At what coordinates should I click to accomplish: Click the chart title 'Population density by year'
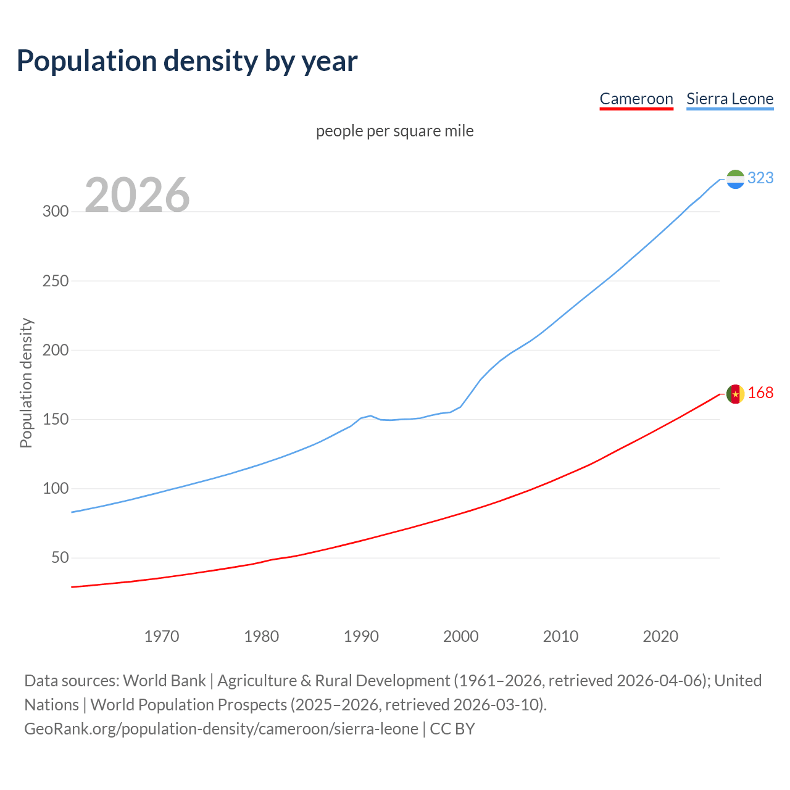click(x=187, y=60)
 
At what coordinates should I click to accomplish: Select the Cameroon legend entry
click(x=636, y=99)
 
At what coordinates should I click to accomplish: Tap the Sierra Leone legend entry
click(x=730, y=99)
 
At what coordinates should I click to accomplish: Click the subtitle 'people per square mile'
click(x=394, y=131)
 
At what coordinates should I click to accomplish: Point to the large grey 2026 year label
click(x=137, y=195)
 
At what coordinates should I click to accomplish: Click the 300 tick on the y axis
click(x=55, y=212)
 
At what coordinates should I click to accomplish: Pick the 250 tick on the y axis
click(x=55, y=281)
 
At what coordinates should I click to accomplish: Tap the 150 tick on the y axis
click(x=55, y=420)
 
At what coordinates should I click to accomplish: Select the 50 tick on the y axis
click(x=59, y=558)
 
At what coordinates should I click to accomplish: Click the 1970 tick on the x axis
click(x=162, y=636)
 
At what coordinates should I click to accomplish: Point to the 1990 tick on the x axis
click(x=361, y=636)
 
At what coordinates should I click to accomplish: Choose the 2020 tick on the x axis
click(x=660, y=636)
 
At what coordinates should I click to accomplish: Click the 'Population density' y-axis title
click(x=26, y=383)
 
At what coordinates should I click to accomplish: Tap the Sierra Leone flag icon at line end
click(x=735, y=179)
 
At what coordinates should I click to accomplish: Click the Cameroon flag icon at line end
click(x=735, y=394)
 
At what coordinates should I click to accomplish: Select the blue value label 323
click(x=760, y=178)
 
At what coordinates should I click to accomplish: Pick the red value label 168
click(x=760, y=393)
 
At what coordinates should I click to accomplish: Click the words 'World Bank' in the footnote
click(x=164, y=681)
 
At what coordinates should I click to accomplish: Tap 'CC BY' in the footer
click(x=452, y=729)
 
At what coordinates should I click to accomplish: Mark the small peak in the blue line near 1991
click(x=370, y=415)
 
